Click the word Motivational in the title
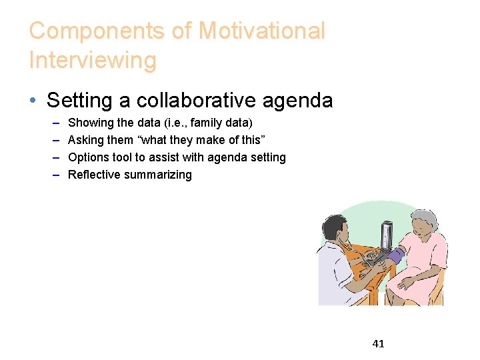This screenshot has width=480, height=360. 261,31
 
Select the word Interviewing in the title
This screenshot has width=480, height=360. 93,60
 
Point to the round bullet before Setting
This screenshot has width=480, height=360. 33,101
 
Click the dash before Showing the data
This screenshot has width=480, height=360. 54,123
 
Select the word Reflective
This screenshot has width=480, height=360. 95,175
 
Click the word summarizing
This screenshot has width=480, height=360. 160,175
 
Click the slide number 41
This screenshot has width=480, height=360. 378,344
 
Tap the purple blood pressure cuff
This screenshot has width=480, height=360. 395,255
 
